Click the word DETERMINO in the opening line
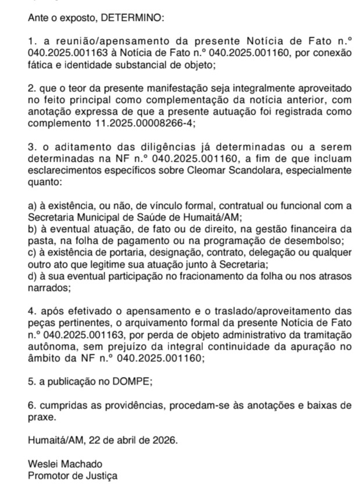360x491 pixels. (x=133, y=18)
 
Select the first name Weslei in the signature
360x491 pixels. (x=42, y=464)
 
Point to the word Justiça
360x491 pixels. (x=100, y=475)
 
